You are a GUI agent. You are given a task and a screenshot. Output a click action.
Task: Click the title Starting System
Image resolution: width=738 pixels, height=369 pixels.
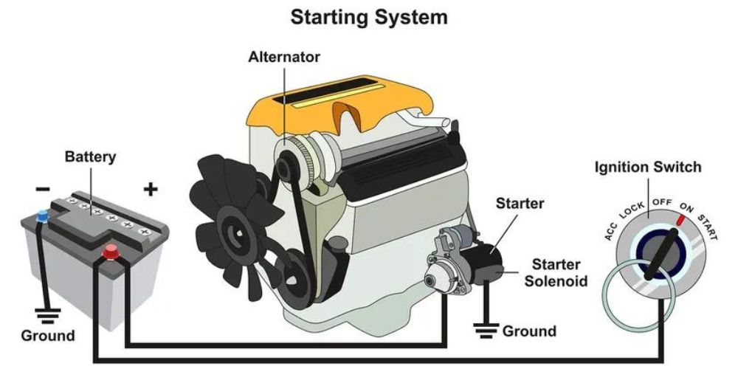(x=369, y=17)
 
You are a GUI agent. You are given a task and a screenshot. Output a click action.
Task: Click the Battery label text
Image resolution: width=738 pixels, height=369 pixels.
(x=90, y=157)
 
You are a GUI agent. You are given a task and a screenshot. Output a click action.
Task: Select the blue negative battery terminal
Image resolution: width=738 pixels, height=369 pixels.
(x=43, y=216)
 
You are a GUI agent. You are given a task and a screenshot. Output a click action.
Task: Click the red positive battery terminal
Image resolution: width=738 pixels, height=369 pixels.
(x=111, y=252)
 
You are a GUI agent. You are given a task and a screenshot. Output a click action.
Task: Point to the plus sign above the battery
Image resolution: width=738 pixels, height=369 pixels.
(x=151, y=190)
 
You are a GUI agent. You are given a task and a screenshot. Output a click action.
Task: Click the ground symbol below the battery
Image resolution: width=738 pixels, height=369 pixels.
(x=46, y=317)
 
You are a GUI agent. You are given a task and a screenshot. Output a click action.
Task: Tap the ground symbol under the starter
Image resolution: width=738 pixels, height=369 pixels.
(x=485, y=329)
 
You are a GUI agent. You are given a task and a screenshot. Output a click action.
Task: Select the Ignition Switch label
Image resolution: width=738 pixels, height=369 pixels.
(x=648, y=168)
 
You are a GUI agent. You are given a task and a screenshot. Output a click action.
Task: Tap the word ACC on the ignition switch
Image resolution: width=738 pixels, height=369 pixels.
(x=611, y=231)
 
